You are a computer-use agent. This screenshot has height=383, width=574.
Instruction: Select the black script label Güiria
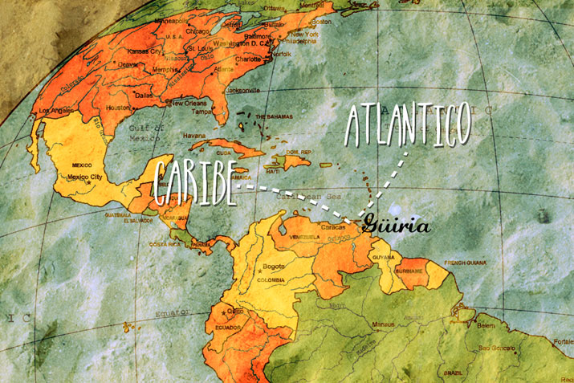(x=396, y=225)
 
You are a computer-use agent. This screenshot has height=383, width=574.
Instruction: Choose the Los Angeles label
(x=55, y=110)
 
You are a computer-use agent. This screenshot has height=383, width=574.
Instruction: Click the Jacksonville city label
(x=242, y=91)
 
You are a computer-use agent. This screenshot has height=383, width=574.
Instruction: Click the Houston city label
(x=117, y=107)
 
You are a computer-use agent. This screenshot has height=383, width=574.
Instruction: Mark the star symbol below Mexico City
(x=88, y=184)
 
